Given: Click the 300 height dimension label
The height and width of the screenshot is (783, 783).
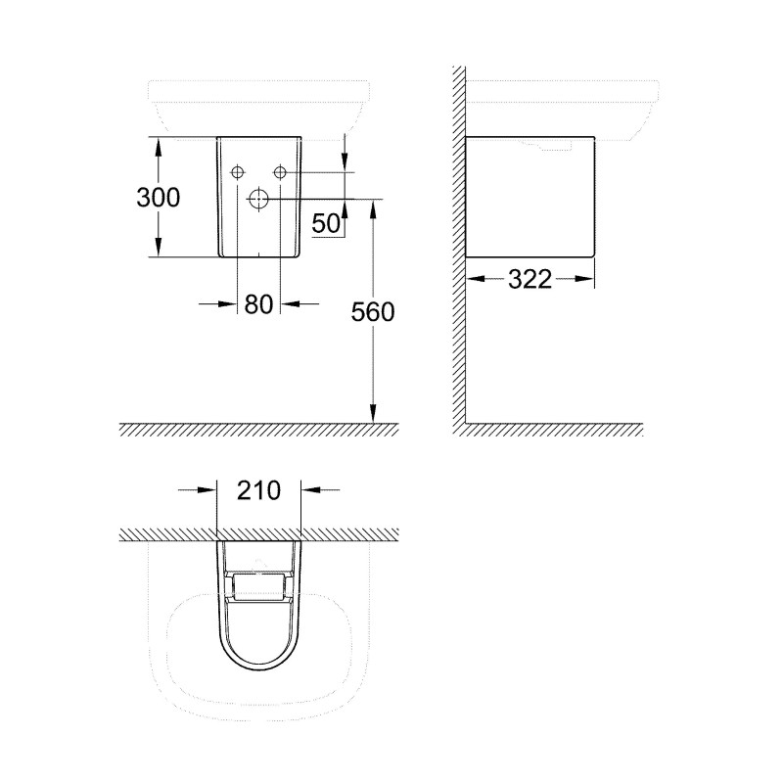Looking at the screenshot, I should point(158,197).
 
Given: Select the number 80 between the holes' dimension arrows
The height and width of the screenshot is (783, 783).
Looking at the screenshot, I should point(258,304).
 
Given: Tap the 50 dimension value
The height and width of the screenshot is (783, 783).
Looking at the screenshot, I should point(326,223).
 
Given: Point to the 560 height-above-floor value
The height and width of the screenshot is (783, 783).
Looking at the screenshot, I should point(373,312).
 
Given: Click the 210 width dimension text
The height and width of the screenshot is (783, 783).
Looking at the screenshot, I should point(258,489).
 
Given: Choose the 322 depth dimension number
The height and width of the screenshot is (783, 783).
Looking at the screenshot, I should point(530,280).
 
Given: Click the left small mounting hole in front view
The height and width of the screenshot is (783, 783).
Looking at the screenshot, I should point(238,172).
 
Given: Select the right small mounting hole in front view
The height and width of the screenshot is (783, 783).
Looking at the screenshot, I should point(280,172).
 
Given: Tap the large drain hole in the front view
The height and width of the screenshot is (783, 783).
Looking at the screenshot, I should point(259,199).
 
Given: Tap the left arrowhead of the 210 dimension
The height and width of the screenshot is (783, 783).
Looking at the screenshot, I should point(207,489).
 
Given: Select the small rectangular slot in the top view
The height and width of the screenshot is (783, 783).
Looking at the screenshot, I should point(258,586).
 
